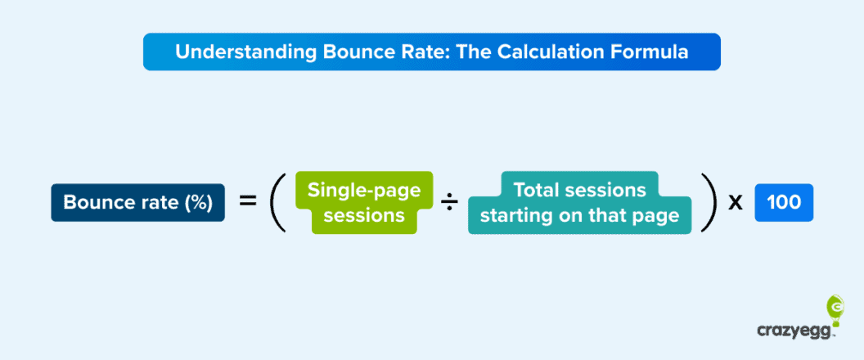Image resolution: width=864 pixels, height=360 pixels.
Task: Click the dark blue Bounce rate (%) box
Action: coord(137,203)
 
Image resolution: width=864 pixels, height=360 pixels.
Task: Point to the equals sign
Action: coord(248,201)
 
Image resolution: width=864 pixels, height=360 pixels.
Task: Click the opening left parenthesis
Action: coord(277,203)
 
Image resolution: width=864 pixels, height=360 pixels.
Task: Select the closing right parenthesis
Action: coord(709,203)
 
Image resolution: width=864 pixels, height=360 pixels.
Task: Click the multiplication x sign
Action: coord(735,203)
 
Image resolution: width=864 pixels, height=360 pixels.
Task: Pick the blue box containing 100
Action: coord(784,203)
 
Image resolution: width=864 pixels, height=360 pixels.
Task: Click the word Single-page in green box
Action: coord(364,191)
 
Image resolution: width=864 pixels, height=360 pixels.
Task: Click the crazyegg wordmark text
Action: coord(794,331)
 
